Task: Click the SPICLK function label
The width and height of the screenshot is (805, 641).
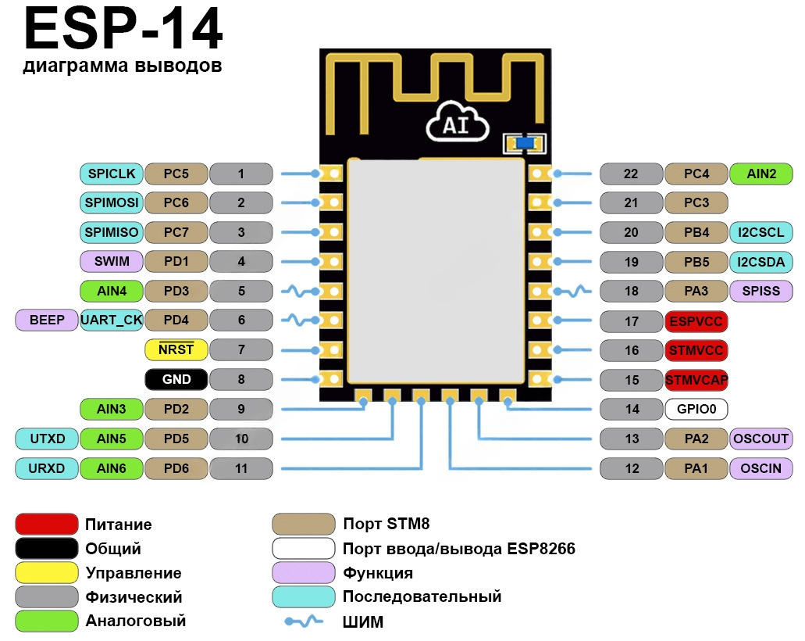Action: (111, 174)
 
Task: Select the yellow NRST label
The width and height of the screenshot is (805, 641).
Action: (176, 349)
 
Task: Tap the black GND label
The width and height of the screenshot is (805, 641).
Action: (176, 380)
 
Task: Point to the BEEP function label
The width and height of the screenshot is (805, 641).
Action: (47, 320)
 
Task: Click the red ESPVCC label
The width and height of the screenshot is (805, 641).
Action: (696, 321)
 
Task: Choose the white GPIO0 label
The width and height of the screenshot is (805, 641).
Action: (696, 409)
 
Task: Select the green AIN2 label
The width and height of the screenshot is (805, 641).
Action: (761, 174)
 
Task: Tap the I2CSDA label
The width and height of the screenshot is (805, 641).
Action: (761, 262)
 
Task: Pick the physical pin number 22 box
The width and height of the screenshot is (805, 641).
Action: (632, 174)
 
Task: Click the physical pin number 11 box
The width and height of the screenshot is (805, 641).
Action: (241, 468)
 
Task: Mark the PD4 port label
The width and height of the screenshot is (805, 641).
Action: (176, 320)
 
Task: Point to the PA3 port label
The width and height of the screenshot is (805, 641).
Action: (696, 291)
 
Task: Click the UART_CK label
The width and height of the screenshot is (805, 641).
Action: (111, 320)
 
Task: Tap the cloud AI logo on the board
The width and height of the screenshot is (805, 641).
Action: (456, 124)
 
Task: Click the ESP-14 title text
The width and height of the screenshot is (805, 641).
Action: (123, 31)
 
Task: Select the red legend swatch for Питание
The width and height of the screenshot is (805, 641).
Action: (47, 525)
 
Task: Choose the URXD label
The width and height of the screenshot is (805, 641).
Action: (47, 468)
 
